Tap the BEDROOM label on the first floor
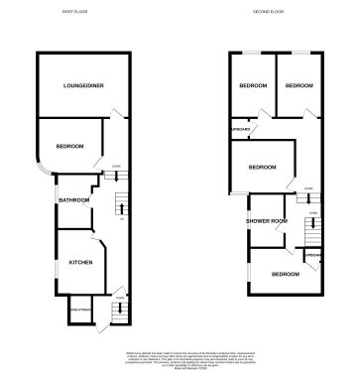point(69,147)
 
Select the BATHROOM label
point(74,200)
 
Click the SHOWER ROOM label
point(266,220)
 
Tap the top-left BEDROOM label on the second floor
point(253,86)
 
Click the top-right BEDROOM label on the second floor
point(299,86)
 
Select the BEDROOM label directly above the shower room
point(262,167)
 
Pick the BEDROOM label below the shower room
point(286,274)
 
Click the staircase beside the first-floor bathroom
point(122,204)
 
